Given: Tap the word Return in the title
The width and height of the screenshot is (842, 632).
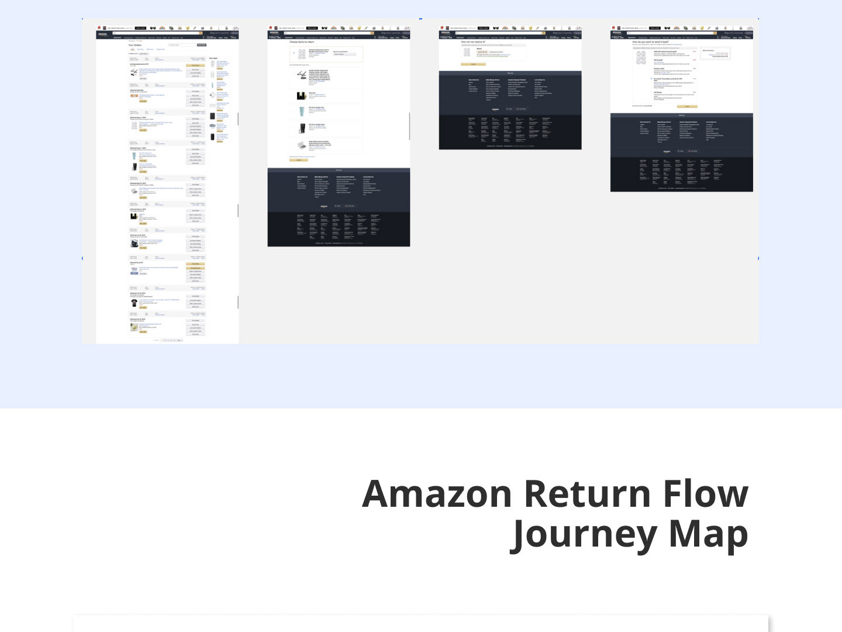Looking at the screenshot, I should (x=587, y=494).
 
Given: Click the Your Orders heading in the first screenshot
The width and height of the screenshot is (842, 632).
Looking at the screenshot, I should (x=134, y=45).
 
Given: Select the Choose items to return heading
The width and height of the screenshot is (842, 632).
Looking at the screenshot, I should (x=302, y=42).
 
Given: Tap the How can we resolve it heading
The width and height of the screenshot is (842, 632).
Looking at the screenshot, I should (x=473, y=42).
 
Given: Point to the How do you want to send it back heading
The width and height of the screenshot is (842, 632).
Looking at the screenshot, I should (x=650, y=42).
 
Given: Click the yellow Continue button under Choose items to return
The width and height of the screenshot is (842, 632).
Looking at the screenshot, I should (x=299, y=160).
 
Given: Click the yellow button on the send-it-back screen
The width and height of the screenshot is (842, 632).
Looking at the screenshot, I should (x=687, y=107).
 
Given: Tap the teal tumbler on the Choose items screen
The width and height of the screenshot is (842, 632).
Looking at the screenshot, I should (x=302, y=112).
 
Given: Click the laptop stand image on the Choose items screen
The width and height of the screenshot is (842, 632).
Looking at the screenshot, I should (x=301, y=75).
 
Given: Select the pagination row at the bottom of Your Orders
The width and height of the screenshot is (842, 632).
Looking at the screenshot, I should (x=170, y=340).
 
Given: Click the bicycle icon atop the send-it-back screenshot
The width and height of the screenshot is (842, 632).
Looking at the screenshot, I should (x=750, y=28).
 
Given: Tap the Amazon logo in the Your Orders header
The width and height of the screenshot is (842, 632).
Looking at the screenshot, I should (x=103, y=34).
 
